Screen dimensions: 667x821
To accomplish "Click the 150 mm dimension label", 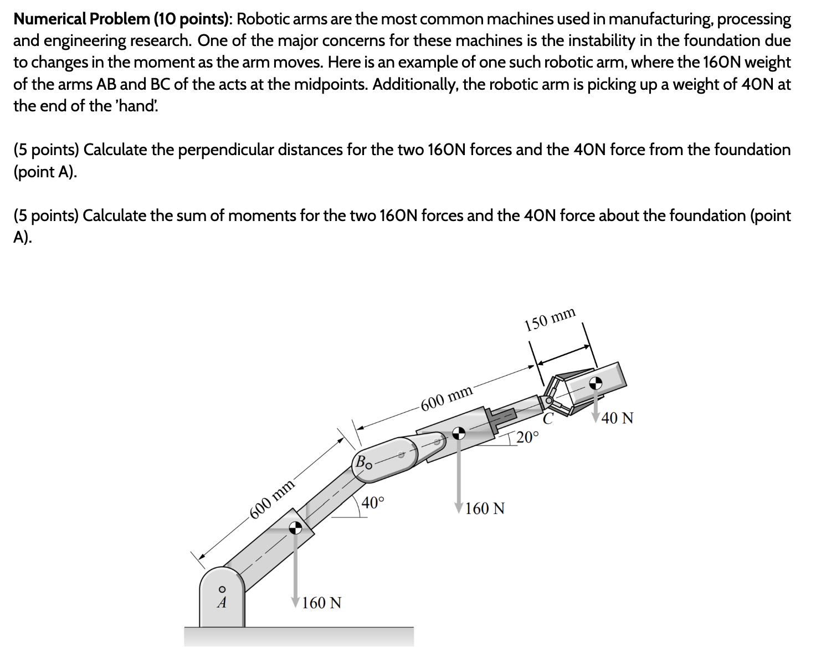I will pos(550,320).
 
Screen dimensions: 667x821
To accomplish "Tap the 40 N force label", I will pos(617,418).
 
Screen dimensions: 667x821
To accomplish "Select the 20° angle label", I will pos(527,437).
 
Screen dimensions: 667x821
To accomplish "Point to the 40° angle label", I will pos(372,503).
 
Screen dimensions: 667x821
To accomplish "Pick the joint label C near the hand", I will pos(548,419).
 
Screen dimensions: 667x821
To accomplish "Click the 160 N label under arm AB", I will pos(322,602).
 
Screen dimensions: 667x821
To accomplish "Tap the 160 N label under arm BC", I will pos(485,508).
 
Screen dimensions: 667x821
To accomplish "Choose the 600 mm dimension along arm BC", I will pos(447,398).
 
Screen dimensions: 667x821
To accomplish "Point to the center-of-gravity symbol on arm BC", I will pos(458,434).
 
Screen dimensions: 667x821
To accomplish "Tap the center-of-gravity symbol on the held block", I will pos(596,382).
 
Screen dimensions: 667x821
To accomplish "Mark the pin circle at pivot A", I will pos(222,588).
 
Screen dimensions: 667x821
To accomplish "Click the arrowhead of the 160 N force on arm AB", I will pos(296,602).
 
